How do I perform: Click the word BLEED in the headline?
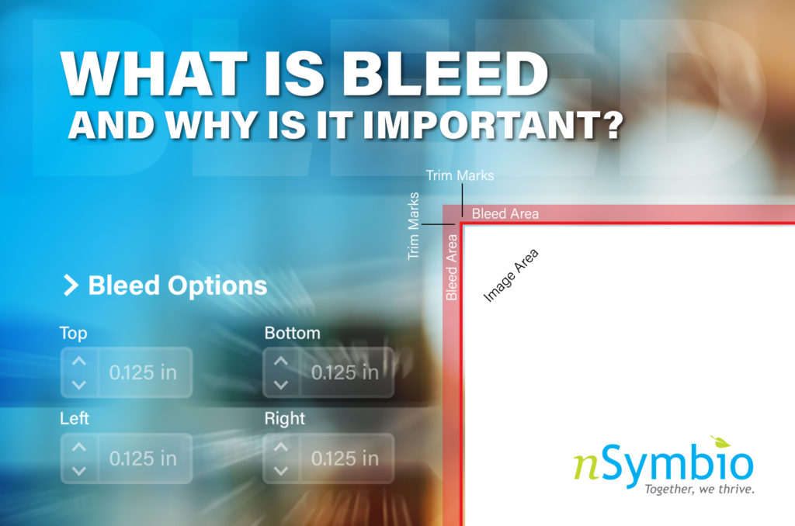(x=445, y=73)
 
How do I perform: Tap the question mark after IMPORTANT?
(x=613, y=125)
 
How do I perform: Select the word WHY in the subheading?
(x=211, y=125)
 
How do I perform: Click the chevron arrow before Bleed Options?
(x=71, y=285)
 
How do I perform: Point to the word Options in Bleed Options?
(x=217, y=286)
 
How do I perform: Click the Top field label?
(x=74, y=334)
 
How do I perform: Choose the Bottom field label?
(x=293, y=333)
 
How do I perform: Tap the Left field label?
(x=75, y=418)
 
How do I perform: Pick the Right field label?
(x=284, y=419)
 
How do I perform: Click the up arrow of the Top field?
(x=78, y=361)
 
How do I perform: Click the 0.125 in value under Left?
(x=143, y=459)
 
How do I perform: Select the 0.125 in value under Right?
(x=345, y=459)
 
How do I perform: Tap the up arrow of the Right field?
(x=281, y=447)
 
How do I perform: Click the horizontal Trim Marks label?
(x=460, y=175)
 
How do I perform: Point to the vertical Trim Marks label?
(x=414, y=226)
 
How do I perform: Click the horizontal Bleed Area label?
(x=505, y=214)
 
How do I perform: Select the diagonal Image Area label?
(x=511, y=275)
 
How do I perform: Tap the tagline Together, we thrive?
(x=700, y=489)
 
